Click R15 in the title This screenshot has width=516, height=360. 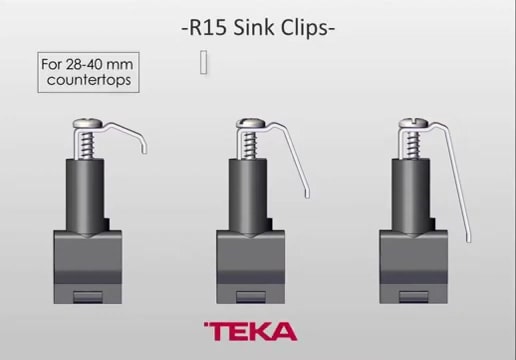coord(208,27)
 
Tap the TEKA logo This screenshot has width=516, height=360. coord(250,331)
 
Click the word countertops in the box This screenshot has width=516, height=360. coord(86,78)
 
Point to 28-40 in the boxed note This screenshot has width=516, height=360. coord(79,62)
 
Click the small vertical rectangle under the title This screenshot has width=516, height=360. coord(204,62)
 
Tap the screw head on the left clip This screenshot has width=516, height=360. coord(87,125)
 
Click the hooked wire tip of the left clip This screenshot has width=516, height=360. coord(145,148)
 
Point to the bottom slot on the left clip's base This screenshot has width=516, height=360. coord(87,294)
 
